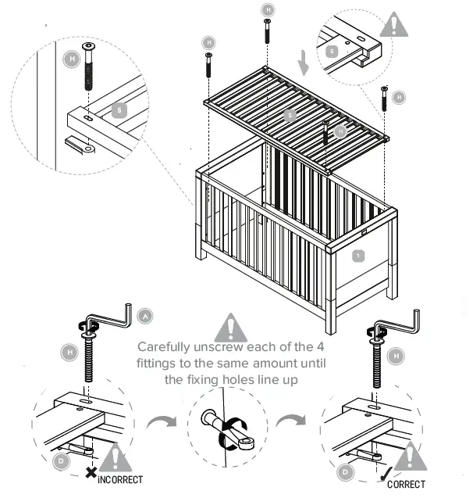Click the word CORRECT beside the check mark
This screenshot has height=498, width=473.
[x=406, y=484]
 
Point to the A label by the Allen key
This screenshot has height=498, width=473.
[x=144, y=316]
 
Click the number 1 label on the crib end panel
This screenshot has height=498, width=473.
[x=357, y=255]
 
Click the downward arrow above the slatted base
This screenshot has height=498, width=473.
[x=304, y=64]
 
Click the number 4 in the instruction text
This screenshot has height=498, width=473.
[x=320, y=346]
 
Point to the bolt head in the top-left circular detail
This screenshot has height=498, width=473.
[x=88, y=48]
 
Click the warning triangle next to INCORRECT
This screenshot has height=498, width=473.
[x=115, y=457]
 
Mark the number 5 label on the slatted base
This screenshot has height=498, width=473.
[x=290, y=115]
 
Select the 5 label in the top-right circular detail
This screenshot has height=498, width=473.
[x=332, y=52]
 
